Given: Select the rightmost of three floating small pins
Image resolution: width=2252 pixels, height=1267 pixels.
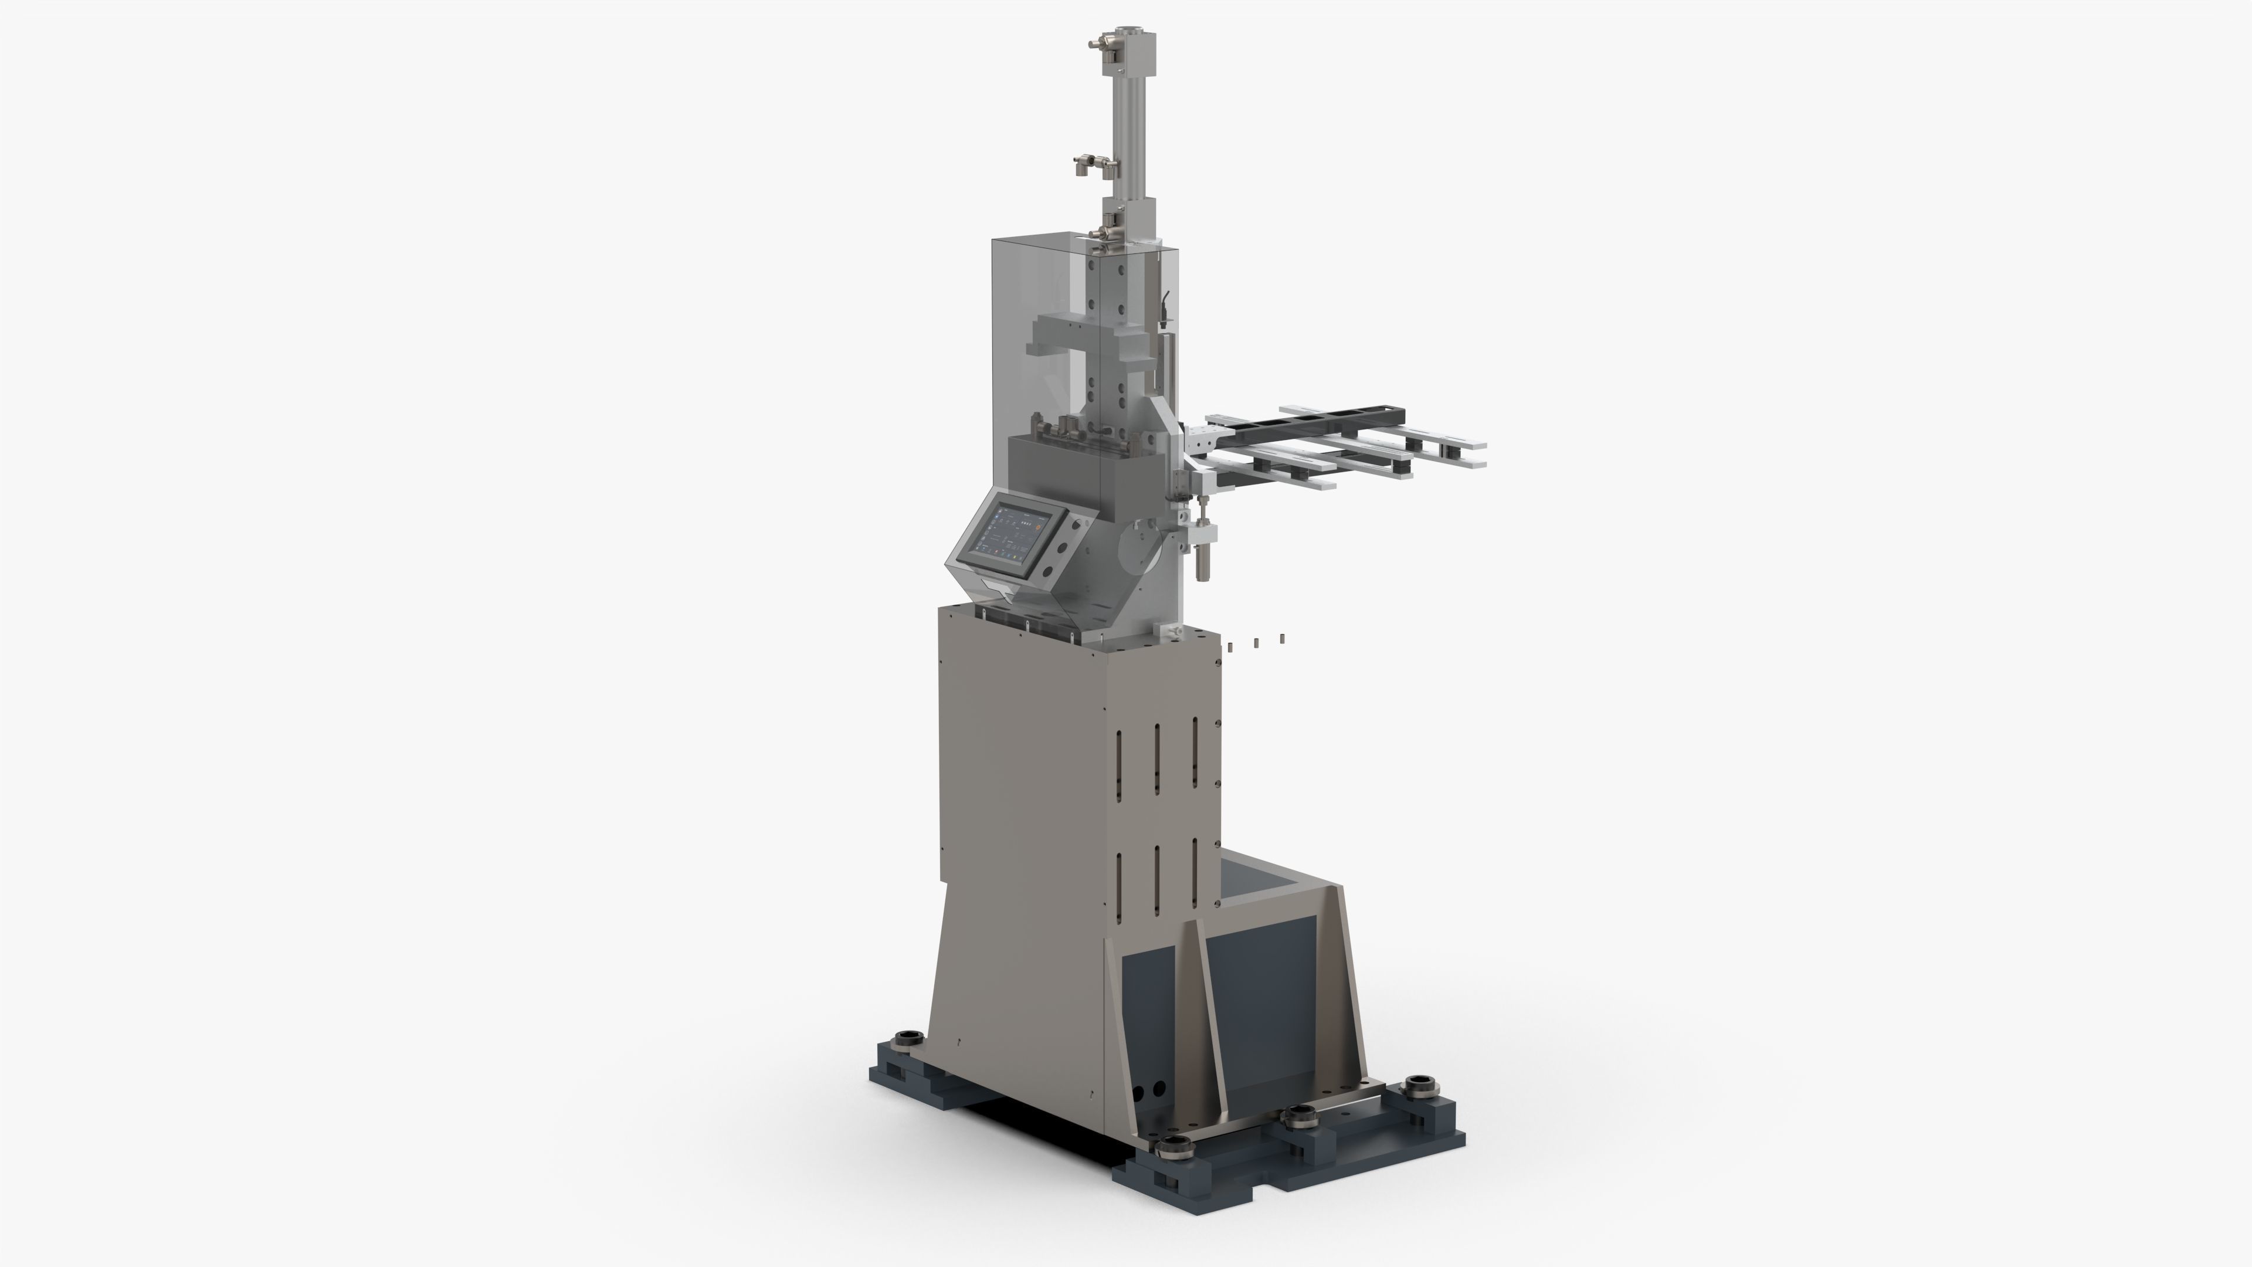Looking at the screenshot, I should [1281, 639].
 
